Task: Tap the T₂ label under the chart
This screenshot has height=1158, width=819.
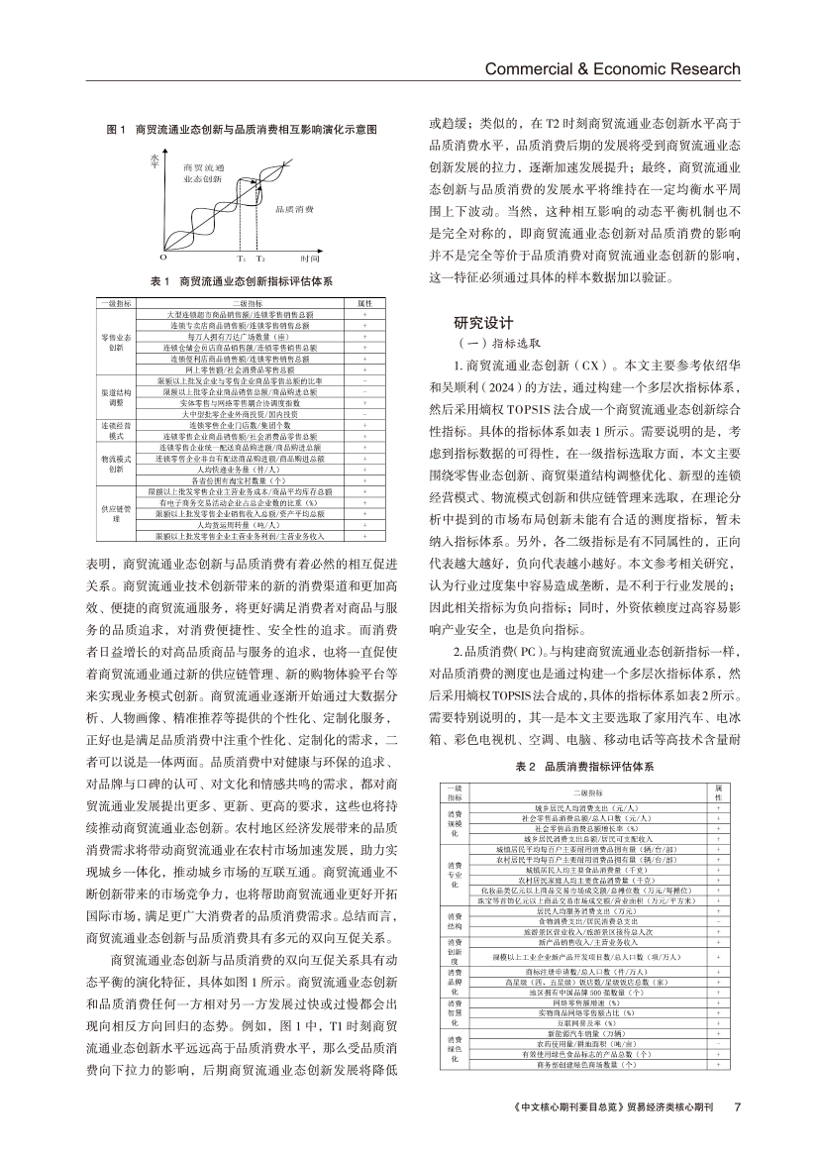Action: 259,257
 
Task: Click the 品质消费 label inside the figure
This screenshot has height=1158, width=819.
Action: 294,210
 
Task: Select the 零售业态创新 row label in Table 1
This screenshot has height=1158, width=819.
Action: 116,343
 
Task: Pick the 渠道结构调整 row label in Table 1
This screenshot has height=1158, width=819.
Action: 116,397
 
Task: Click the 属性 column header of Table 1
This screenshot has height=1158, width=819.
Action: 363,303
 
